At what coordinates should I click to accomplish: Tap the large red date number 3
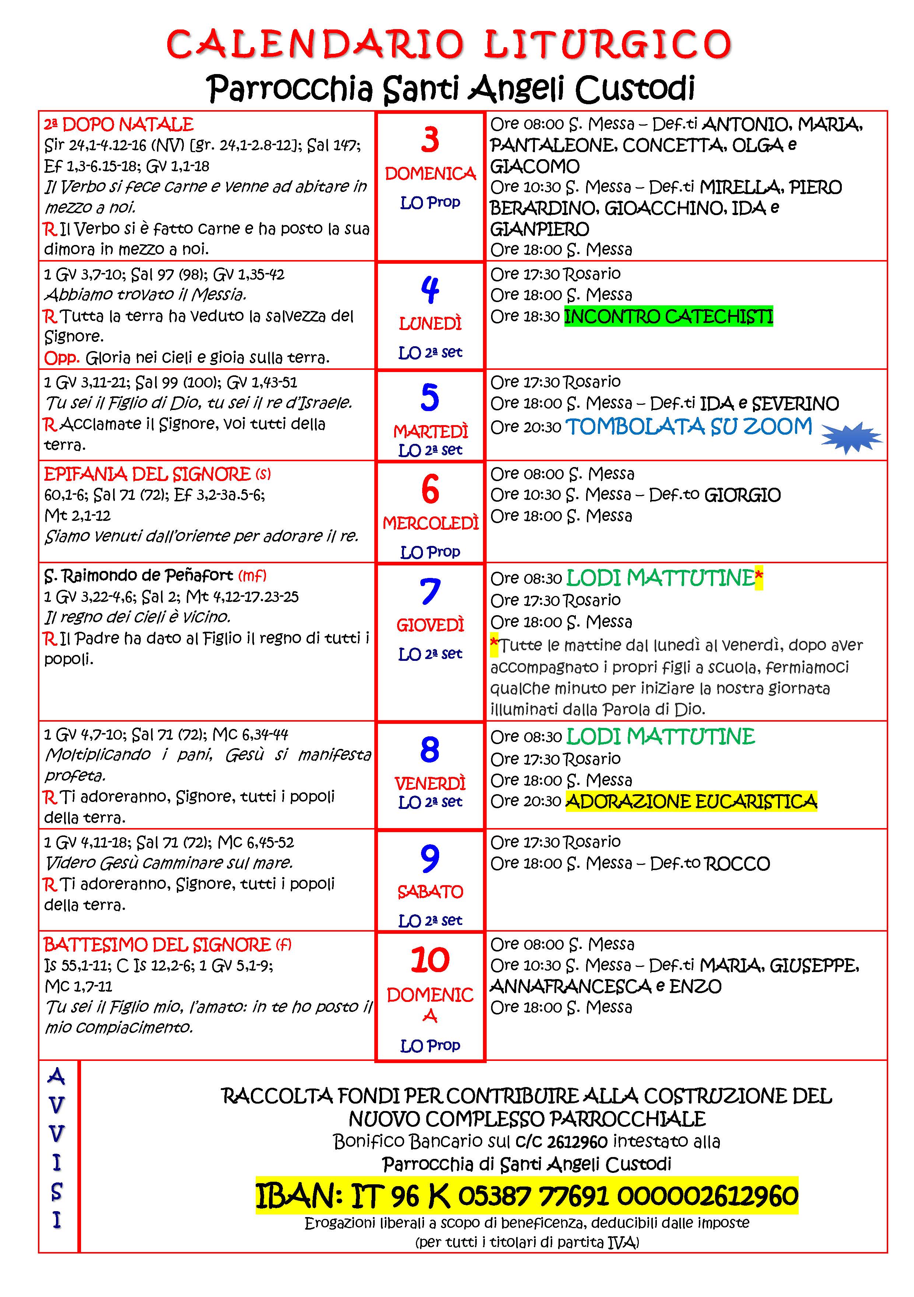tap(430, 140)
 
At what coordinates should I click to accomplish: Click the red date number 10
tap(430, 960)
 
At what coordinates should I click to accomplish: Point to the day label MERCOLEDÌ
tap(430, 523)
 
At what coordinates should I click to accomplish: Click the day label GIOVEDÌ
tap(430, 625)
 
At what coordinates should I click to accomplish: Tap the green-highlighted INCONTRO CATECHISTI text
tap(668, 316)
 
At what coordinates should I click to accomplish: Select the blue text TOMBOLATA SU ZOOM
tap(689, 427)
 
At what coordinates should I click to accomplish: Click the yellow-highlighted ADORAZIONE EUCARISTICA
tap(691, 801)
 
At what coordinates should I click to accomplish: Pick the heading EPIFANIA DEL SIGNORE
tap(147, 473)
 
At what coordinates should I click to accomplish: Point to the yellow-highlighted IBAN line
tap(526, 1195)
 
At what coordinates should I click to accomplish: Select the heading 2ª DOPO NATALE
tap(119, 124)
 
